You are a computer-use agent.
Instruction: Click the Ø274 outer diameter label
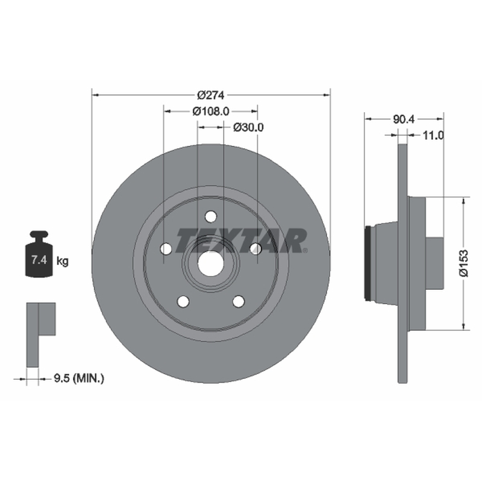211,95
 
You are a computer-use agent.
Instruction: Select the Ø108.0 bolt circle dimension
211,111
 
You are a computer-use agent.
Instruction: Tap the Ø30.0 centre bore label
248,127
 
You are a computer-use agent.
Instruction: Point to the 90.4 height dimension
404,119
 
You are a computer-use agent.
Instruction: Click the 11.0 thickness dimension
433,135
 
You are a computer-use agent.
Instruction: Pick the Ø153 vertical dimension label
464,263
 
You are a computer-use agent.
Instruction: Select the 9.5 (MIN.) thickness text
79,378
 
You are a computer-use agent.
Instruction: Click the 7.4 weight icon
39,254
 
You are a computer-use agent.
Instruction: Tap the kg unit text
63,261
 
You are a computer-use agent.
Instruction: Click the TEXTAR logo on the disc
242,240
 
